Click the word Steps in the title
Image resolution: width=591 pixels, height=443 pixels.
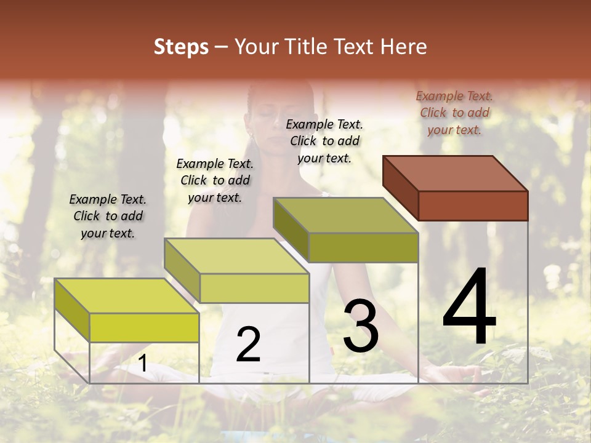(181, 47)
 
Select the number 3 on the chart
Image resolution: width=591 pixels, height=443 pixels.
(361, 325)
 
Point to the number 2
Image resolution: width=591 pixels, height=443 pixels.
(248, 345)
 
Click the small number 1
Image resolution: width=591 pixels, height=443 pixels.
(143, 364)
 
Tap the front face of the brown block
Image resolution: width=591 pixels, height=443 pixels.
(473, 206)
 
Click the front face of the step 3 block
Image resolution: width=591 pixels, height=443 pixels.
(363, 248)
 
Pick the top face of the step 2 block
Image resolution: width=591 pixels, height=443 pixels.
(236, 256)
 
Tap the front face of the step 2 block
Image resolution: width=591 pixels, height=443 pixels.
(254, 288)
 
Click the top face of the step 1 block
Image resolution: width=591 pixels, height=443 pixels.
(127, 296)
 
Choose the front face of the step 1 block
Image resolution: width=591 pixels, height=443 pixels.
(144, 327)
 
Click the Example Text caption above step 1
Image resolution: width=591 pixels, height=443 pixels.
(108, 216)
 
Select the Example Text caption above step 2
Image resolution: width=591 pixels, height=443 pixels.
(215, 180)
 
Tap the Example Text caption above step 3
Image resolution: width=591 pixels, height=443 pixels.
(324, 141)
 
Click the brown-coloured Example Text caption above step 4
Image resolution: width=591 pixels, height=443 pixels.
(454, 113)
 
